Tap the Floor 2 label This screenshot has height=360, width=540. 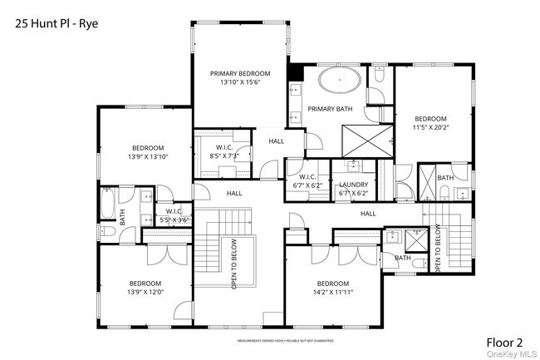tap(505, 342)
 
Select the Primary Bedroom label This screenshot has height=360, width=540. tap(240, 73)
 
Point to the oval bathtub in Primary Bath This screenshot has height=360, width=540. tap(341, 83)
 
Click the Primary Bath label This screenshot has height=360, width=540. tap(331, 109)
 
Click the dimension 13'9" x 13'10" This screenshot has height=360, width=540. tap(148, 156)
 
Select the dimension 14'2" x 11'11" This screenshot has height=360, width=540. tap(334, 292)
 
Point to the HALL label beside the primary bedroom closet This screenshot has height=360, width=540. tap(277, 141)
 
